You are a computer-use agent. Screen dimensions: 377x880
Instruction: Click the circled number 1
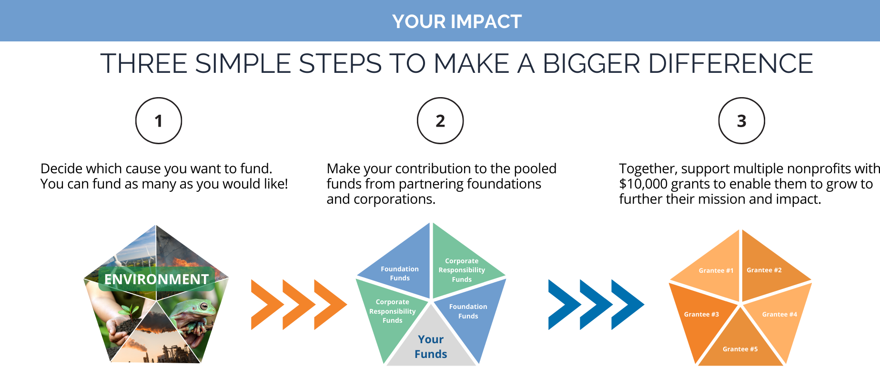click(159, 121)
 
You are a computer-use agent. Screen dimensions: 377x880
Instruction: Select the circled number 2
click(440, 121)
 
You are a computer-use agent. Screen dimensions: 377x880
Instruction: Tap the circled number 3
click(741, 121)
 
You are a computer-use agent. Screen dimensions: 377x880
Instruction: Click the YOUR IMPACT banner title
click(457, 21)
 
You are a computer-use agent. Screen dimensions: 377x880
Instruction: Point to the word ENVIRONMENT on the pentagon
click(156, 279)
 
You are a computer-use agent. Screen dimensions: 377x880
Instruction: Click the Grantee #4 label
click(779, 314)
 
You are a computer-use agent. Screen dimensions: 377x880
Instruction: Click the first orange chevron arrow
click(265, 305)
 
